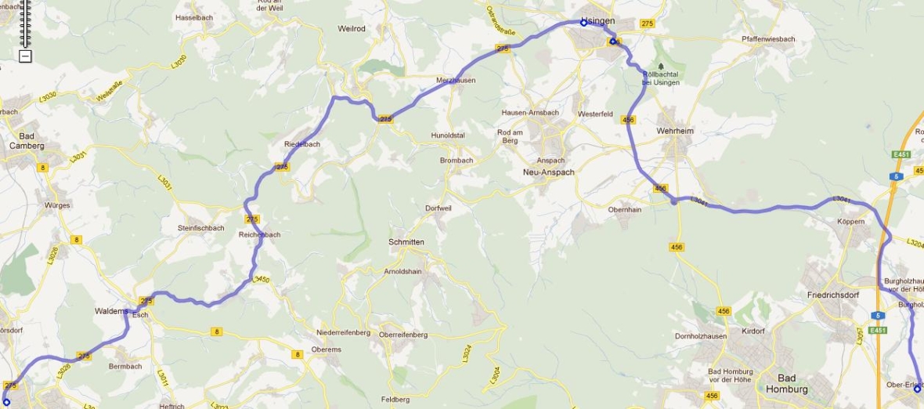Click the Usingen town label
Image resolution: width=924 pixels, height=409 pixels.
(x=597, y=20)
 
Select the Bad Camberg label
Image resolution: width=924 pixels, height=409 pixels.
(x=27, y=140)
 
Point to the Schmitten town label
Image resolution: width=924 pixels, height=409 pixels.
(x=406, y=242)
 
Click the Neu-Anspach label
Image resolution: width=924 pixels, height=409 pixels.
(x=549, y=172)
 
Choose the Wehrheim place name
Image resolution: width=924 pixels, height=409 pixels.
(x=675, y=131)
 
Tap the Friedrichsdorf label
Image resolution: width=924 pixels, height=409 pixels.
(x=834, y=295)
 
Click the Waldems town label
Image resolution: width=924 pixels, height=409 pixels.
(x=111, y=311)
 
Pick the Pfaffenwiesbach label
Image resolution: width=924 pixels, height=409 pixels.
(x=768, y=38)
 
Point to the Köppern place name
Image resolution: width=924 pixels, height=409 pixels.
(x=851, y=222)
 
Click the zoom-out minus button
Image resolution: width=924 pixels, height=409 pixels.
(x=25, y=56)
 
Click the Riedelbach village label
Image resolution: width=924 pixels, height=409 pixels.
(x=301, y=144)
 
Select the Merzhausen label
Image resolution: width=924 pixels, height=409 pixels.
(x=456, y=80)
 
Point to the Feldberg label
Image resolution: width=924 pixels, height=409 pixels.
(x=395, y=400)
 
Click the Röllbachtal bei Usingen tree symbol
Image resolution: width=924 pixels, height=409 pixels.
(x=661, y=67)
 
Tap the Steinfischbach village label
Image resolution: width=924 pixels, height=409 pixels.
(x=201, y=228)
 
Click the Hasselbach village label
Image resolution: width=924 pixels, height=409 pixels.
(x=194, y=17)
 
